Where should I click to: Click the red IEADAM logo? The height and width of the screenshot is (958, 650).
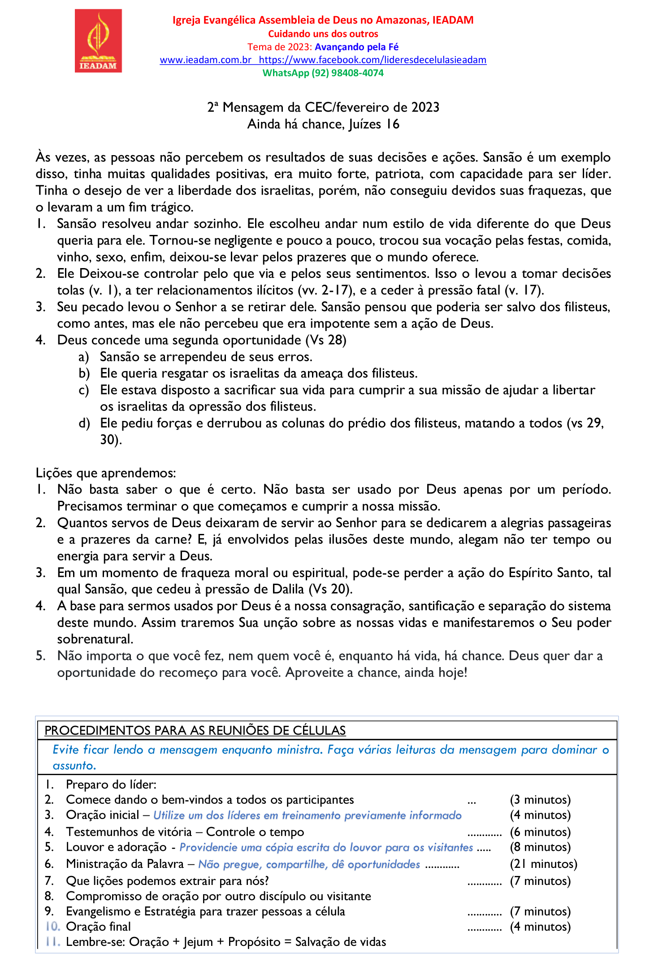(98, 41)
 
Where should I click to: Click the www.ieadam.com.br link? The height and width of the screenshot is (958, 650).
(206, 60)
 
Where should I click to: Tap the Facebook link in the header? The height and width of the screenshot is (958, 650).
(373, 60)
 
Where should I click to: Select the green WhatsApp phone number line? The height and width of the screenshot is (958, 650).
(323, 73)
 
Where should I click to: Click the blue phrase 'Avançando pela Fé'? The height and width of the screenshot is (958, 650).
(356, 47)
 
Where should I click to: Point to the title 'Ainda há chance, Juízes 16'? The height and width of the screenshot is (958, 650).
(323, 124)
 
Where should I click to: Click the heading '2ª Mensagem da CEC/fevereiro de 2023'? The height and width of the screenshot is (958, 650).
(323, 108)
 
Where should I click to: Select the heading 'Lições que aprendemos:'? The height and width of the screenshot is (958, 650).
(106, 473)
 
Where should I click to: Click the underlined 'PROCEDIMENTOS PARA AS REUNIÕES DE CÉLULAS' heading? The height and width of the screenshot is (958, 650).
(195, 731)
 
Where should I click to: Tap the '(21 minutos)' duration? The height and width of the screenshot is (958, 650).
(543, 864)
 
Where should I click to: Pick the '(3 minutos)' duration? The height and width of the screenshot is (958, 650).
(540, 800)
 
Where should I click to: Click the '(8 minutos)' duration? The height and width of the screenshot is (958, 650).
(540, 847)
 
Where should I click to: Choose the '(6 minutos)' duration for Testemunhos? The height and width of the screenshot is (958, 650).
(540, 832)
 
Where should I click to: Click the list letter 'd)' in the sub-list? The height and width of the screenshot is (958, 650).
(84, 423)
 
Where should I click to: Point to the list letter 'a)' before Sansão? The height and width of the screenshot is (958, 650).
(84, 357)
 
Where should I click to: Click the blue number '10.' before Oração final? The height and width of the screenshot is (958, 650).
(52, 927)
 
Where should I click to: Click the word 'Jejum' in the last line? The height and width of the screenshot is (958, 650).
(198, 942)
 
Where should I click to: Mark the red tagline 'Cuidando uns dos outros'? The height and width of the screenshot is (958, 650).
(323, 34)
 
